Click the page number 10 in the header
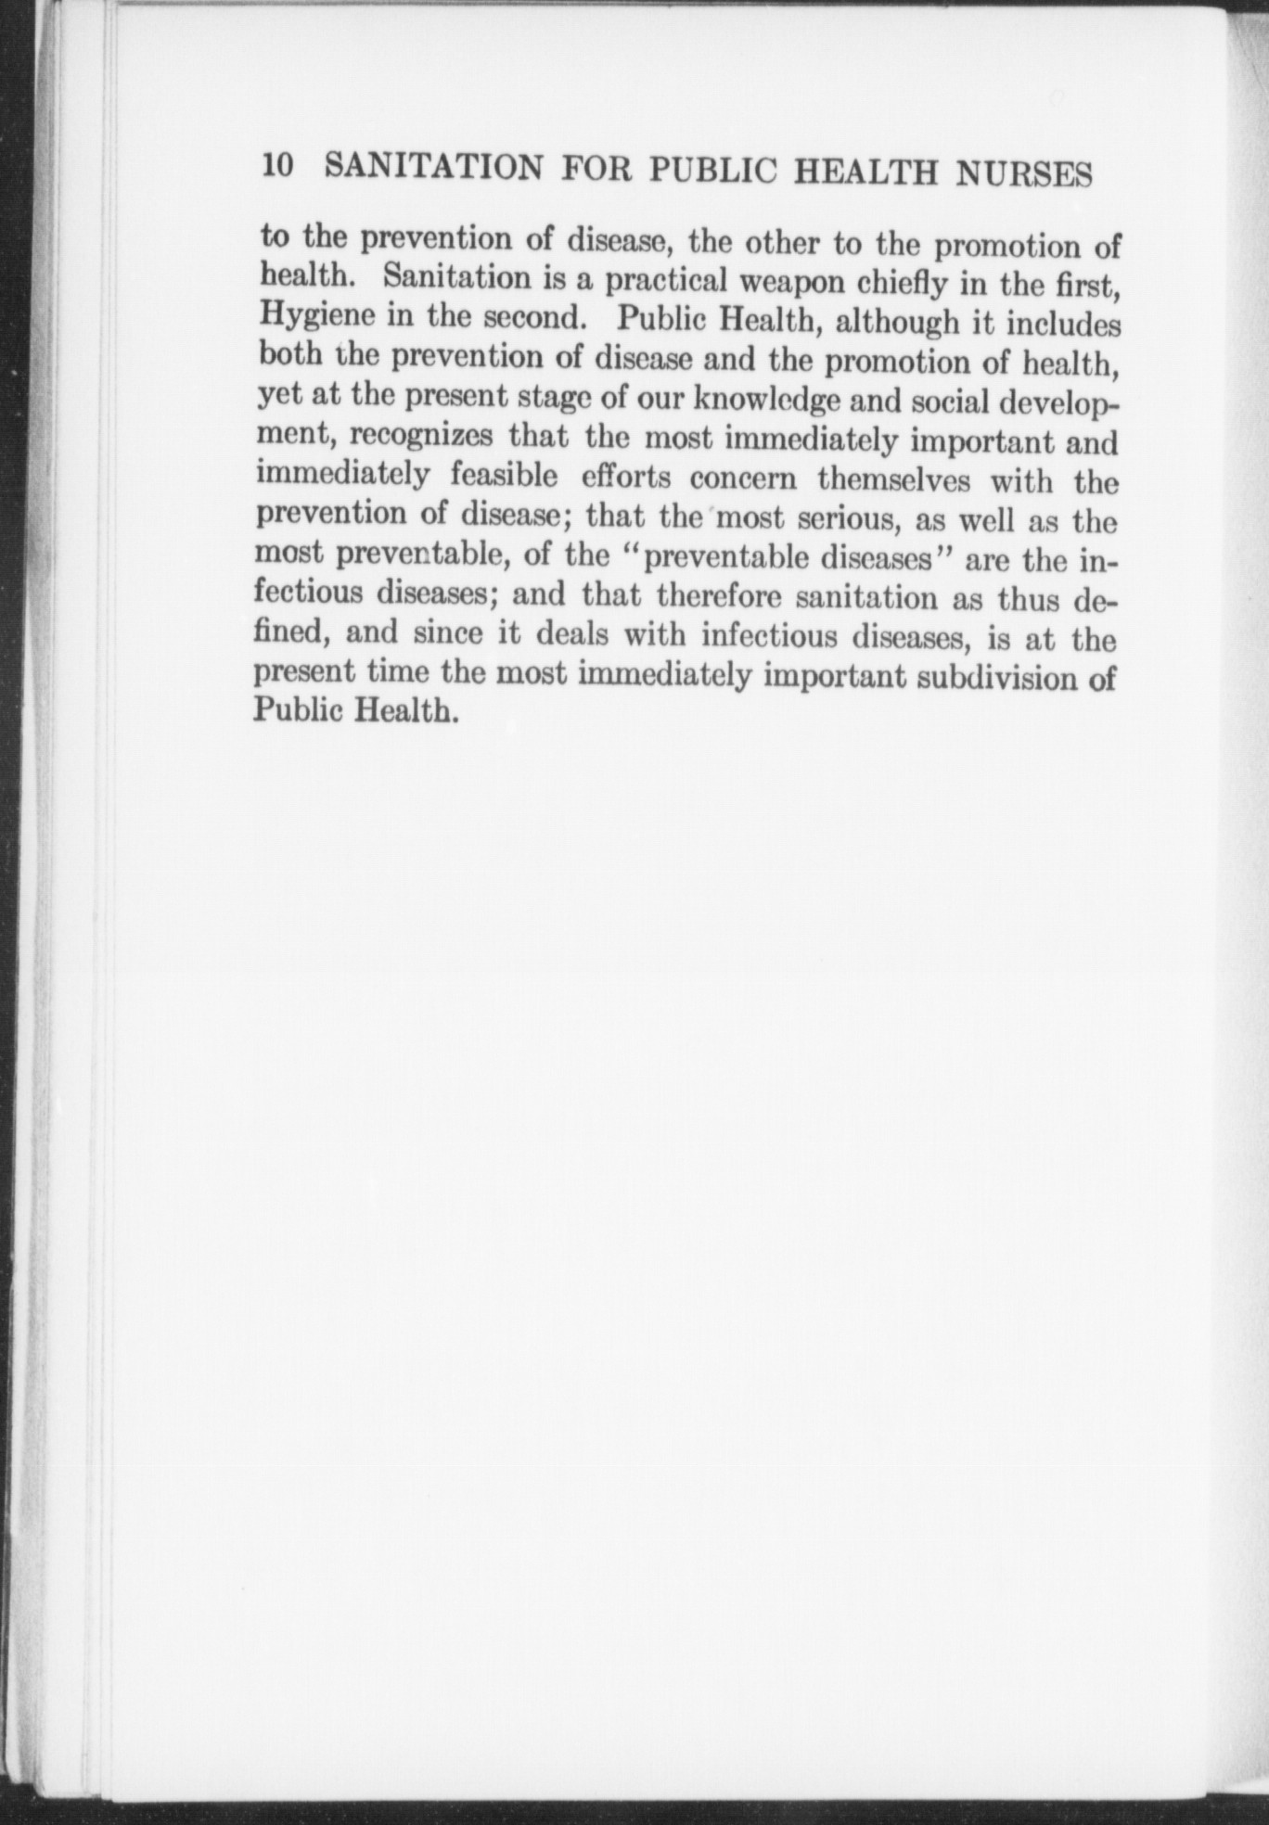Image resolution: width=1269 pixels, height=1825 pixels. point(278,166)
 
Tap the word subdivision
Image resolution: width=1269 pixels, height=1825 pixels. point(998,678)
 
